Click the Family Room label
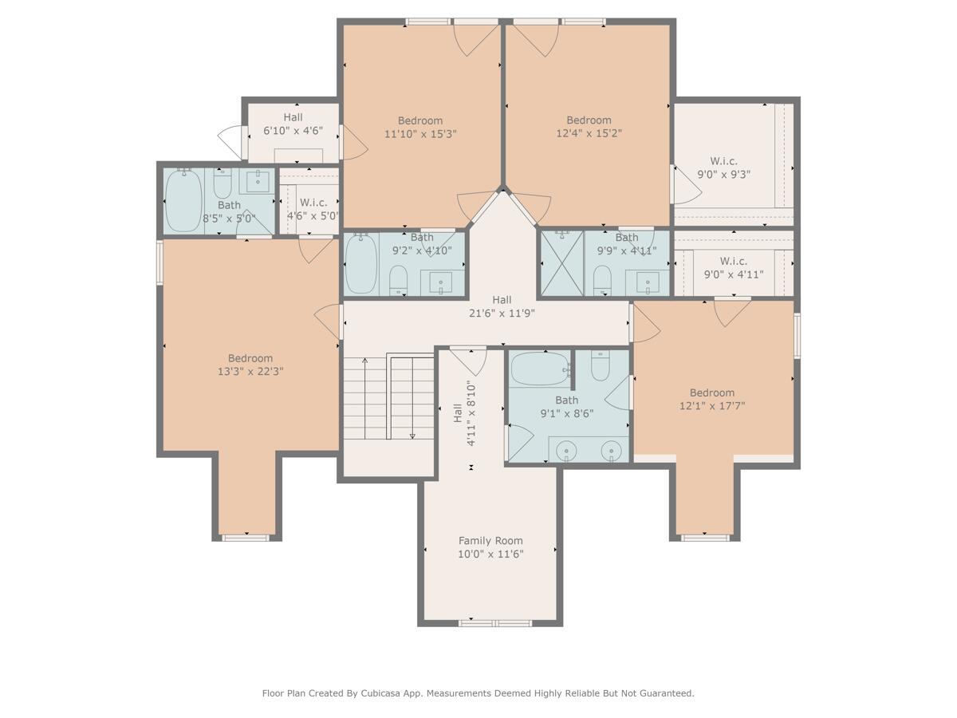tap(490, 541)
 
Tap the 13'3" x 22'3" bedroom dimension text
tap(250, 372)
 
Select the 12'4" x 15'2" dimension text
tap(589, 133)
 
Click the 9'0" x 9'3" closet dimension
tap(724, 175)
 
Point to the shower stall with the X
tap(562, 263)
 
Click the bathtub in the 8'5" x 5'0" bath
tap(183, 201)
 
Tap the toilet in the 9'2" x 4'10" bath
tap(398, 280)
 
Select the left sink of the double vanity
tap(567, 450)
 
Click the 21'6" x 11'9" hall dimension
tap(502, 313)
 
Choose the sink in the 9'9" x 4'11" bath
tap(648, 283)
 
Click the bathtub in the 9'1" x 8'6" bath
tap(540, 369)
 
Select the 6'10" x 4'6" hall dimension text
tap(293, 130)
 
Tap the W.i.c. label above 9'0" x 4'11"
tap(734, 261)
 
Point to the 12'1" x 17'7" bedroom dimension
tap(712, 406)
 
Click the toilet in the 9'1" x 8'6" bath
tap(601, 365)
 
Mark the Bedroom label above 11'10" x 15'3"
tap(420, 120)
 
